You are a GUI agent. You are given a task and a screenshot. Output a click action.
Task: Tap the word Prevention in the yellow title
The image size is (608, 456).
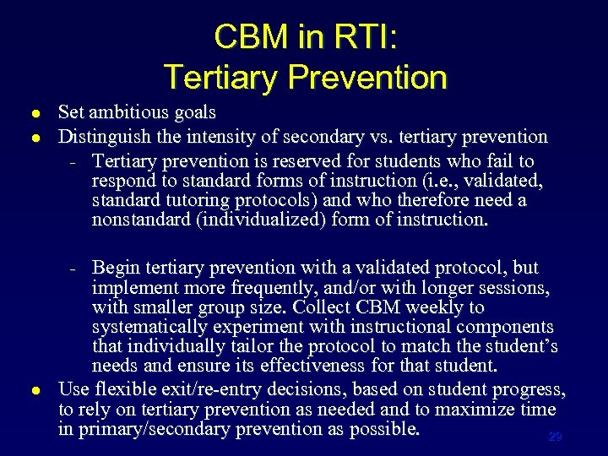pyautogui.click(x=367, y=77)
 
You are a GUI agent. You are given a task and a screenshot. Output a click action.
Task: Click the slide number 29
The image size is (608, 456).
pyautogui.click(x=555, y=437)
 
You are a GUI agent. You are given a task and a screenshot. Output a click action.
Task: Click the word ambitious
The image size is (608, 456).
pyautogui.click(x=128, y=112)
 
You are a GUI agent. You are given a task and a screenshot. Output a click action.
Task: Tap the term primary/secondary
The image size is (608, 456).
pyautogui.click(x=153, y=429)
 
